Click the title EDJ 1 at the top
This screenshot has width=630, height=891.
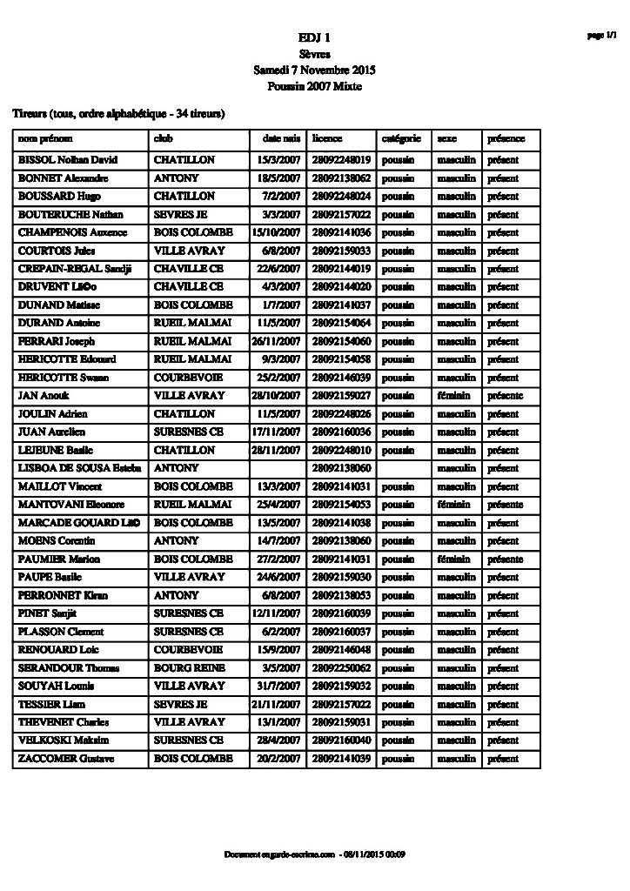[314, 37]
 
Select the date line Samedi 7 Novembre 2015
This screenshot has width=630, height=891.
[314, 70]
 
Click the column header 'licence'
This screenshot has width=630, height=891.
[327, 139]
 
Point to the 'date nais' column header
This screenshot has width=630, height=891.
[281, 139]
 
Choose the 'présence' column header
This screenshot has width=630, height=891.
[506, 139]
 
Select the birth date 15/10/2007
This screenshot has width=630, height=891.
[276, 232]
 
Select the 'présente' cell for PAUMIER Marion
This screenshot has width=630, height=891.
[505, 559]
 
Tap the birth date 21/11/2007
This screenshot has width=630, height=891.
[276, 704]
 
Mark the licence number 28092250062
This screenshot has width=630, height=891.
[342, 667]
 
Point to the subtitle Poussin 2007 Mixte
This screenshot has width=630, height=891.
[314, 86]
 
